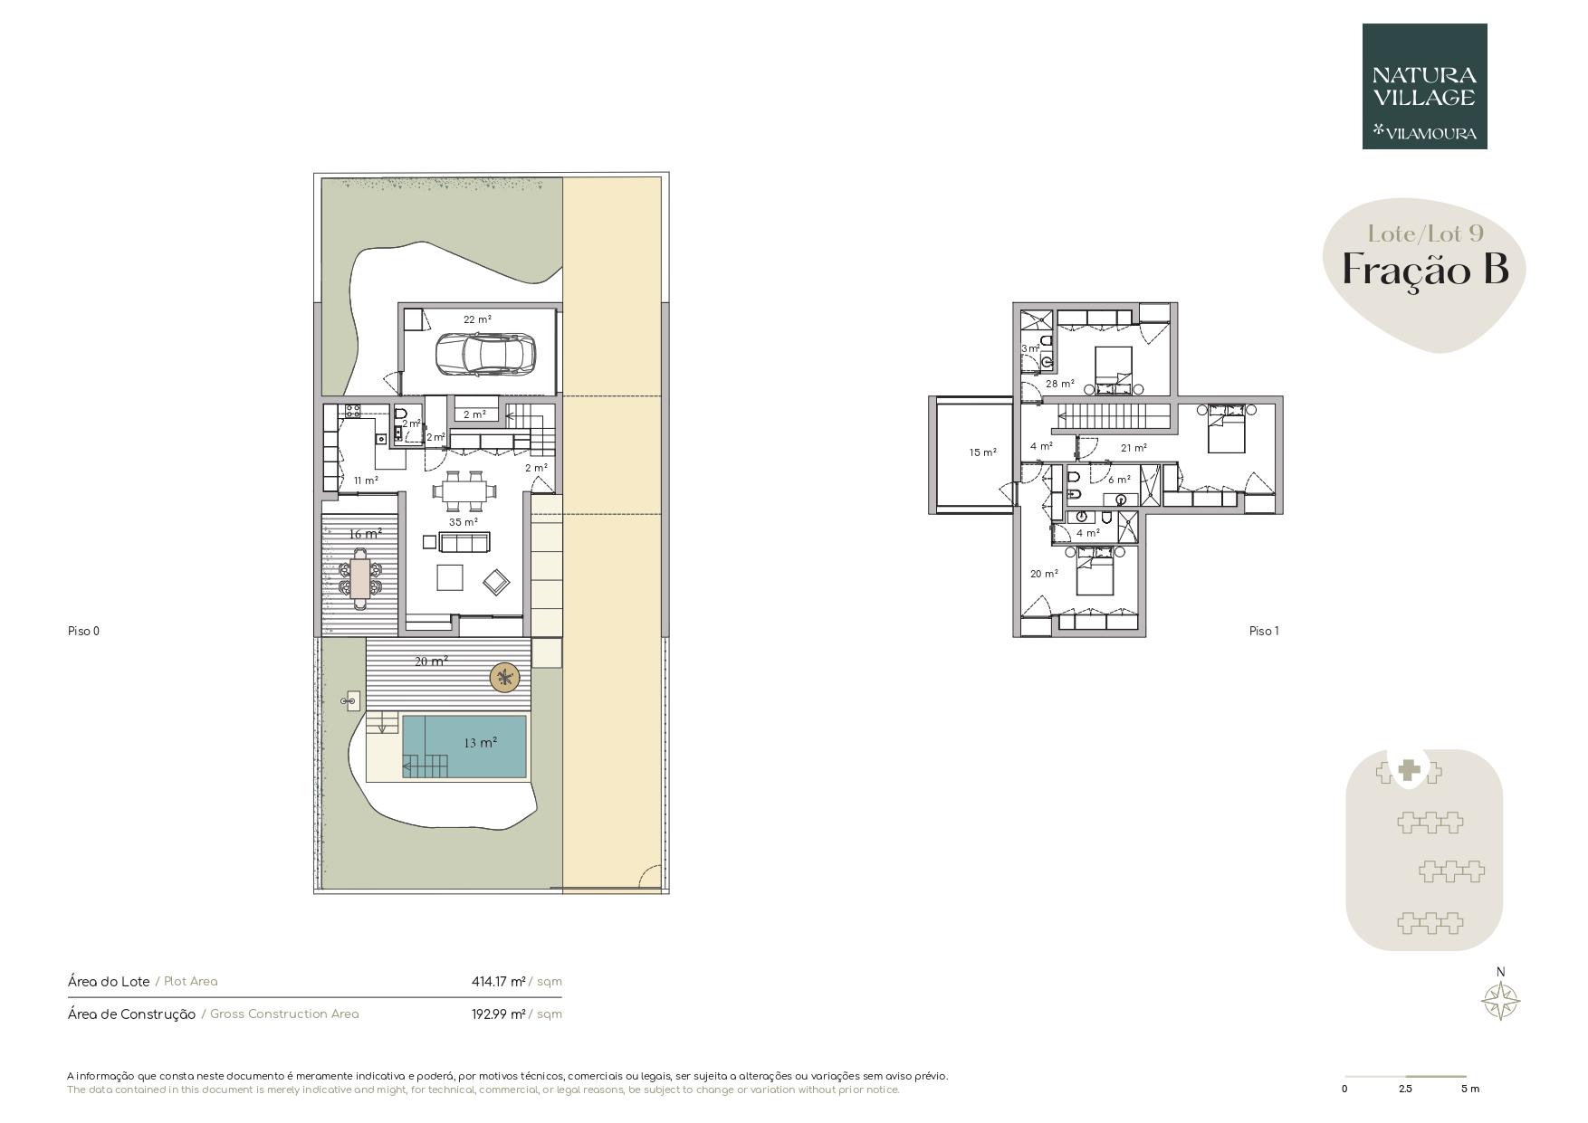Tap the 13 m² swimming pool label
[480, 743]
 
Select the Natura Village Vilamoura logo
[1424, 86]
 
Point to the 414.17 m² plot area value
[499, 981]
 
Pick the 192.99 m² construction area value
[499, 1014]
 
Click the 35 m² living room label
[464, 522]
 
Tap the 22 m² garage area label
[477, 319]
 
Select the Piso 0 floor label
[83, 631]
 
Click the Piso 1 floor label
[1264, 631]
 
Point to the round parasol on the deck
[505, 677]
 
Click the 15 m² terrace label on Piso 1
[982, 452]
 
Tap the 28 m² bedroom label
[1060, 384]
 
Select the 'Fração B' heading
[1425, 270]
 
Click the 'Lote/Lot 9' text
[1425, 233]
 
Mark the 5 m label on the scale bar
[1470, 1089]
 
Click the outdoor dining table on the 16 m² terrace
[360, 579]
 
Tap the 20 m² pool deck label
[432, 661]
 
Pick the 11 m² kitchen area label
[366, 481]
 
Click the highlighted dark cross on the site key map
[1408, 771]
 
